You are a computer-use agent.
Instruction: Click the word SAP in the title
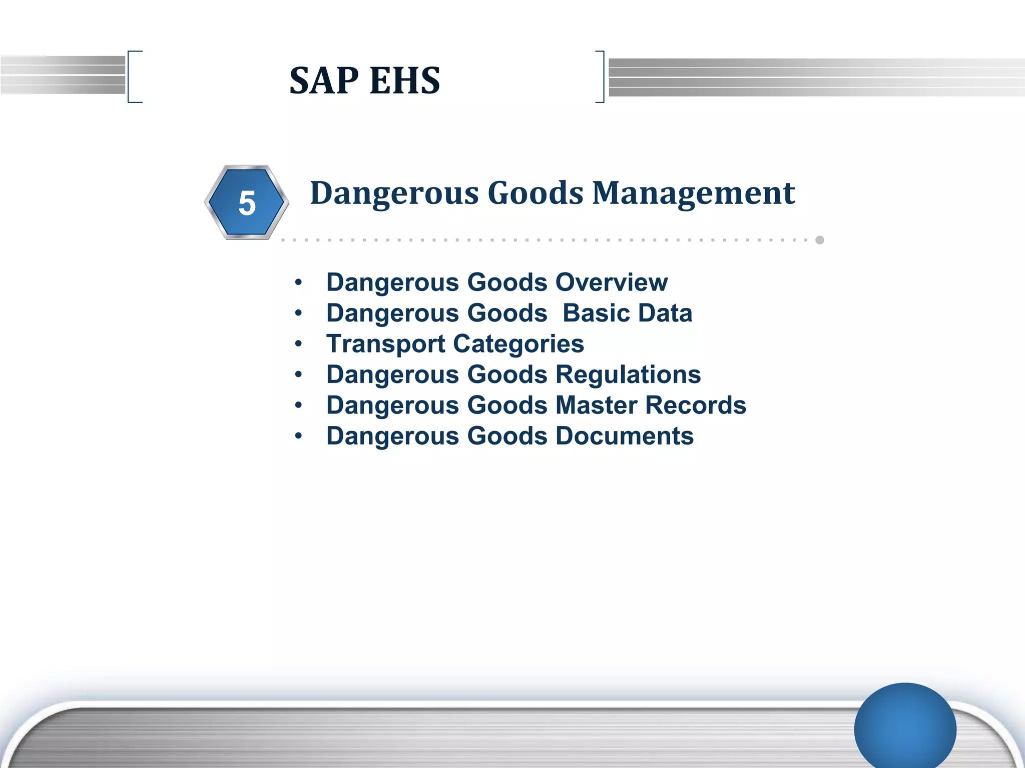[324, 80]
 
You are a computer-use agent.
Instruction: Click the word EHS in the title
[405, 80]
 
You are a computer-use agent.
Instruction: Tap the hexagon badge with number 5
[247, 202]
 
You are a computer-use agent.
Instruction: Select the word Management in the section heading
[694, 193]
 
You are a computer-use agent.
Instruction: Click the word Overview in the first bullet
[611, 282]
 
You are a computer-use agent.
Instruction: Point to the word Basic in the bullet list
[596, 313]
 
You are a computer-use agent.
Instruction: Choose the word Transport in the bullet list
[385, 344]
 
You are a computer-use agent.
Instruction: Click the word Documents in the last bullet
[625, 436]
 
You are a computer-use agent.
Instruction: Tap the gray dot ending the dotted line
[820, 240]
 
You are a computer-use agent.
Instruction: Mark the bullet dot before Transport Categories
[299, 344]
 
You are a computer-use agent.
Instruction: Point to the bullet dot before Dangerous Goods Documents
[299, 436]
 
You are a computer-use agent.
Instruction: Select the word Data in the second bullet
[665, 313]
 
